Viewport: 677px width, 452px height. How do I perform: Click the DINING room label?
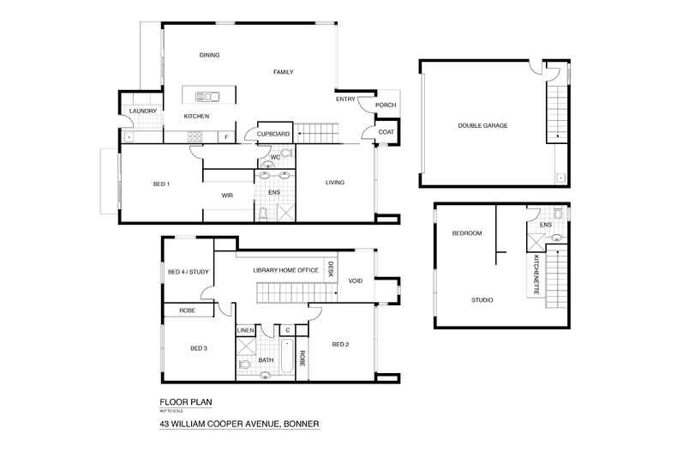tap(210, 56)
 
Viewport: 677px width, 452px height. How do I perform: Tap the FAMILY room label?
tap(284, 72)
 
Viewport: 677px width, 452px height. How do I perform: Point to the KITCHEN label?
tap(196, 117)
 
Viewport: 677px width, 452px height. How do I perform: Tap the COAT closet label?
tap(386, 132)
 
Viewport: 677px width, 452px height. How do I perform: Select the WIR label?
tap(227, 196)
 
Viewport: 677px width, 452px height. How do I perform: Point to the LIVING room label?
tap(333, 182)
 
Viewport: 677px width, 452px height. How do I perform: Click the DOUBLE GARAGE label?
tap(482, 125)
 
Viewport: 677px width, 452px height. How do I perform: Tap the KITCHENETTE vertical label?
tap(537, 275)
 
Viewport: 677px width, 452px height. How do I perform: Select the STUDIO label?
tap(482, 300)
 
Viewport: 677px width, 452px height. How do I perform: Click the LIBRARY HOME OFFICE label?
tap(285, 270)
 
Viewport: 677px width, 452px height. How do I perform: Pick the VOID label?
tap(356, 280)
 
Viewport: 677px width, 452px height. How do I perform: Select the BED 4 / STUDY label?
tap(188, 273)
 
